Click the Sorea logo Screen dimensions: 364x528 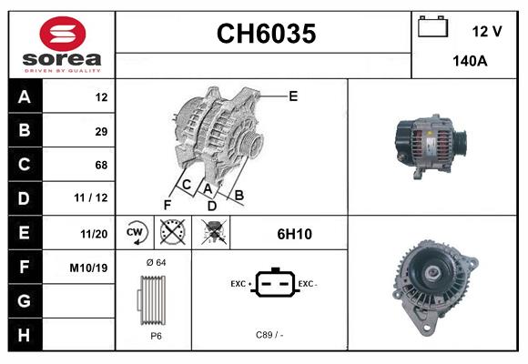[61, 45]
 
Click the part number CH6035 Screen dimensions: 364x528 [265, 34]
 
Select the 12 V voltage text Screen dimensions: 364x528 [487, 31]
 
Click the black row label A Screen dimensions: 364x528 [24, 96]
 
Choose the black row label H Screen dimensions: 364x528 [24, 334]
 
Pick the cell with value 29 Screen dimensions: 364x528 [100, 131]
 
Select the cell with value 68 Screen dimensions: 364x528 [100, 165]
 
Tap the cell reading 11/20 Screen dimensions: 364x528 [94, 233]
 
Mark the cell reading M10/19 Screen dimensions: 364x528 [89, 268]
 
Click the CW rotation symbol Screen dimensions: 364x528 [136, 233]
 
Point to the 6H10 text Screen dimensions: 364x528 [294, 234]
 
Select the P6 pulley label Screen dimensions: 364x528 [155, 335]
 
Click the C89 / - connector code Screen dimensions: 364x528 [269, 335]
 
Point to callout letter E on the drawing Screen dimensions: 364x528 [292, 95]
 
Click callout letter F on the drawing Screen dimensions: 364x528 [168, 204]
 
